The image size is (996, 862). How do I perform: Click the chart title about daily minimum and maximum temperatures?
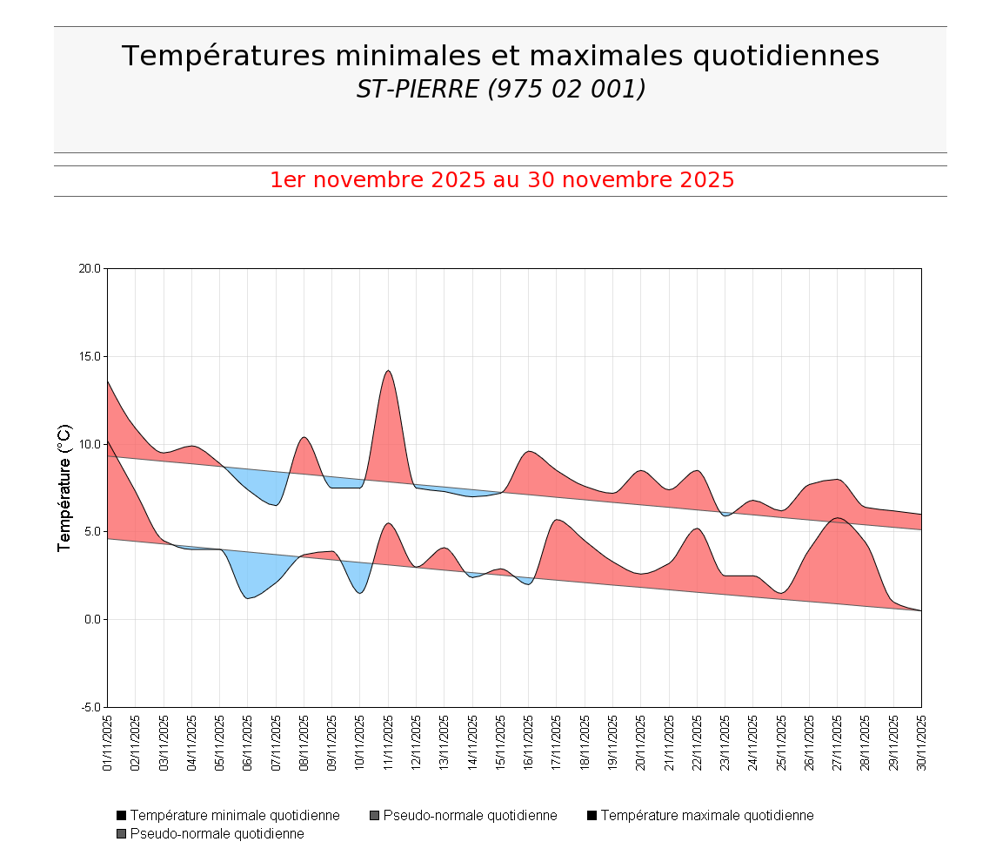pyautogui.click(x=500, y=56)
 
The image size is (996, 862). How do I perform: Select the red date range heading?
pyautogui.click(x=502, y=180)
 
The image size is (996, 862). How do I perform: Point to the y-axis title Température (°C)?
pyautogui.click(x=64, y=488)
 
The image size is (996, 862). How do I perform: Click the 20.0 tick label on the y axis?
pyautogui.click(x=90, y=268)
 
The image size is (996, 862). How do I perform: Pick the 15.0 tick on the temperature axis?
pyautogui.click(x=90, y=356)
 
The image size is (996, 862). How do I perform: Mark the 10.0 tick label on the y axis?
pyautogui.click(x=90, y=444)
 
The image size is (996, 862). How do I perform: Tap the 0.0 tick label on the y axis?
pyautogui.click(x=92, y=619)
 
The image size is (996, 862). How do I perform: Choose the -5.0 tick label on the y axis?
pyautogui.click(x=90, y=707)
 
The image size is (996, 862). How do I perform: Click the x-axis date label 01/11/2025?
pyautogui.click(x=108, y=743)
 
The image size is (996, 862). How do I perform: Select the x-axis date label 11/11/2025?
pyautogui.click(x=388, y=743)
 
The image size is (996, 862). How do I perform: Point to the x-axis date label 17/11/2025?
pyautogui.click(x=557, y=743)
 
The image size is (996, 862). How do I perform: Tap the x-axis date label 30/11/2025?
pyautogui.click(x=921, y=743)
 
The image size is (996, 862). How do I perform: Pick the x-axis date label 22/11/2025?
pyautogui.click(x=697, y=743)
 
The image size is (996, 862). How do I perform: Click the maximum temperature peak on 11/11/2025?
pyautogui.click(x=388, y=371)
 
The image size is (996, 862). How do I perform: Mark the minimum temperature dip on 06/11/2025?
pyautogui.click(x=248, y=598)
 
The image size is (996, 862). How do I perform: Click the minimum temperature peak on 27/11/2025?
pyautogui.click(x=837, y=518)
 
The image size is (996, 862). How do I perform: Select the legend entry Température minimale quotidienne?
pyautogui.click(x=228, y=816)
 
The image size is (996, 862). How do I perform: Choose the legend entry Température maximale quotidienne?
pyautogui.click(x=700, y=816)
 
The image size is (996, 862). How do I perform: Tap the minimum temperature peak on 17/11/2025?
pyautogui.click(x=557, y=520)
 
